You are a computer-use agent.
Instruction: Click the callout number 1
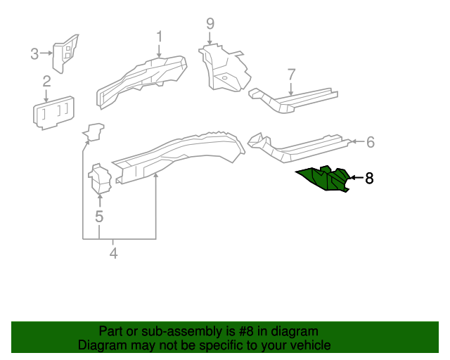click(x=160, y=37)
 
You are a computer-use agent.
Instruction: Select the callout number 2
click(x=46, y=82)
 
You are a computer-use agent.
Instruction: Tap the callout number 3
click(x=34, y=53)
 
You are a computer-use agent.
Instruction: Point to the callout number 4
click(x=113, y=253)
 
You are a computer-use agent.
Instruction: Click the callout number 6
click(x=370, y=143)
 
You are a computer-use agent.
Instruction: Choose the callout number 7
click(x=292, y=75)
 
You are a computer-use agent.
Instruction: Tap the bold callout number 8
click(x=368, y=179)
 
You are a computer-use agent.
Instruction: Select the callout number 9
click(x=210, y=24)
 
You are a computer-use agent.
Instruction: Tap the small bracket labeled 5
click(x=100, y=179)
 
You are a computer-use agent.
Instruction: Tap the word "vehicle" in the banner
click(x=309, y=345)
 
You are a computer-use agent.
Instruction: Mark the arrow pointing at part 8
click(x=355, y=179)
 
